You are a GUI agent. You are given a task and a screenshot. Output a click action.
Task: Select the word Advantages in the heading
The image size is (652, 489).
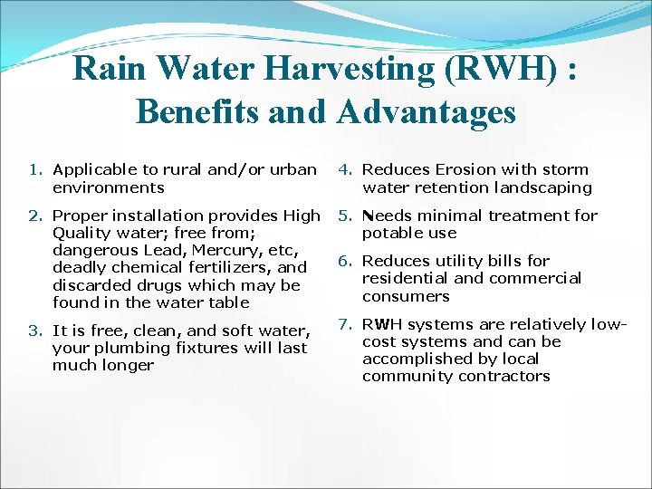click(427, 112)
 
